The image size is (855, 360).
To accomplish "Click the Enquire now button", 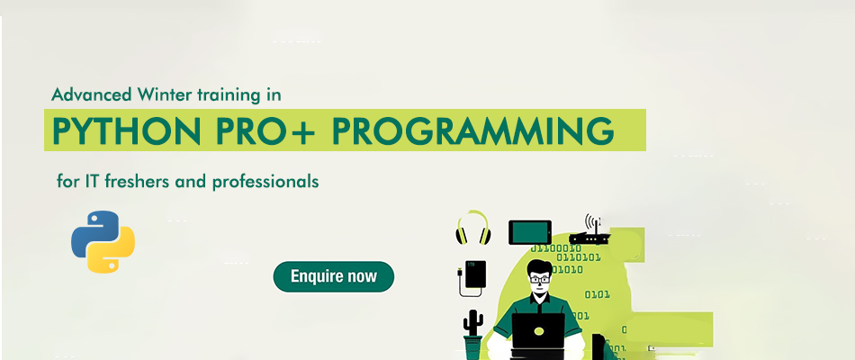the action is click(333, 276).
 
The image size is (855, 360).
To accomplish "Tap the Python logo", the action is click(103, 241).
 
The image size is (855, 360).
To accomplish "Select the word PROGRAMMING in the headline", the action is click(472, 131).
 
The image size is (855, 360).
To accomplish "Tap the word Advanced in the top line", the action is click(92, 94).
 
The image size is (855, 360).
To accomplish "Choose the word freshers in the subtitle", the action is click(138, 181).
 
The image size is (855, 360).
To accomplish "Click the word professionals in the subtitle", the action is click(265, 181).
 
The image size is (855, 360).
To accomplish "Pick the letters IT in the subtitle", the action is click(91, 181).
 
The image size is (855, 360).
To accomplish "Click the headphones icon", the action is click(472, 228).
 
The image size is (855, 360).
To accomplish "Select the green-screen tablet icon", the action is click(530, 232).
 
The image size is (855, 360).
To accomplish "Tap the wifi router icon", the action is click(590, 229).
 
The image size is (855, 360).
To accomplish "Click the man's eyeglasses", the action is click(539, 279).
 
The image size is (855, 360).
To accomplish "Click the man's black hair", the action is click(539, 267).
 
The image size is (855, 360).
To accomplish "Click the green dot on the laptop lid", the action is click(539, 331).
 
